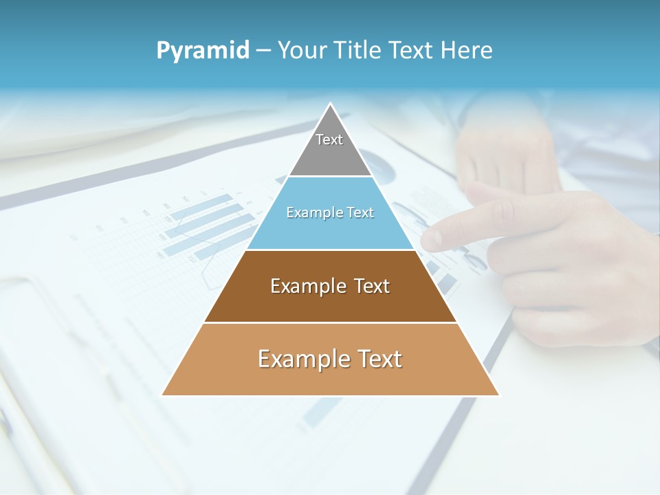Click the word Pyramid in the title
pyautogui.click(x=203, y=50)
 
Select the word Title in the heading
pyautogui.click(x=358, y=50)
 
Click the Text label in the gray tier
pyautogui.click(x=329, y=140)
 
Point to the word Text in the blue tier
pyautogui.click(x=361, y=212)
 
